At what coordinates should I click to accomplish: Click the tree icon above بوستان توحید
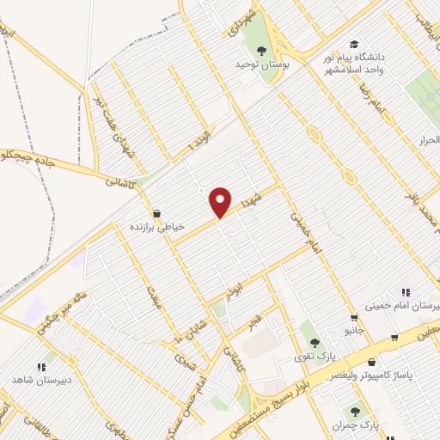pos(261,51)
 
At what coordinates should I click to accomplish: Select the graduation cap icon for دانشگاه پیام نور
pos(354,45)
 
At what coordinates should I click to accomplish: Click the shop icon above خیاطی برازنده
pos(156,212)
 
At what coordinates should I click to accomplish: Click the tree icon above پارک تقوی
pos(315,342)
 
